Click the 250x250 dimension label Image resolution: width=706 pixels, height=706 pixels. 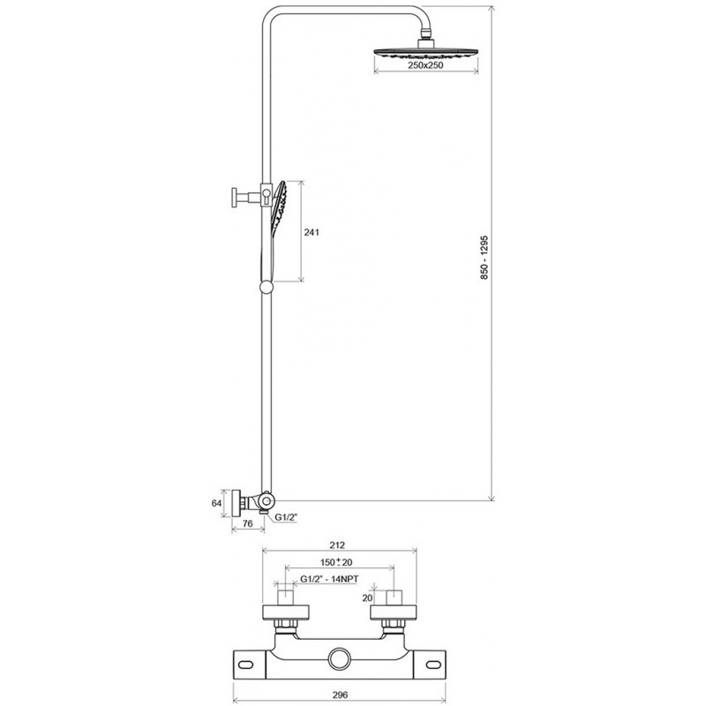coord(425,65)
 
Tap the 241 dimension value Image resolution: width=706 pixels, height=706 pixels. coord(312,232)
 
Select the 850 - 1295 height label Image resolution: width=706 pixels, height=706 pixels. coord(484,257)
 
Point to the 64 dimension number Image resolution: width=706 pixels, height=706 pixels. coord(216,503)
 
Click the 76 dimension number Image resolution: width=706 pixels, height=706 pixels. coord(247,523)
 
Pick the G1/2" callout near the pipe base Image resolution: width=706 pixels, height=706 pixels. coord(286,518)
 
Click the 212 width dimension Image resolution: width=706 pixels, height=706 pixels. coord(337,545)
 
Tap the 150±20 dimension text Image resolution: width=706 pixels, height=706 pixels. coord(336,562)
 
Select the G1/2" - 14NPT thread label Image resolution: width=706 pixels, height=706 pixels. coord(329,579)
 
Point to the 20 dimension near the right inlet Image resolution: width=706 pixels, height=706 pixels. coord(367,598)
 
